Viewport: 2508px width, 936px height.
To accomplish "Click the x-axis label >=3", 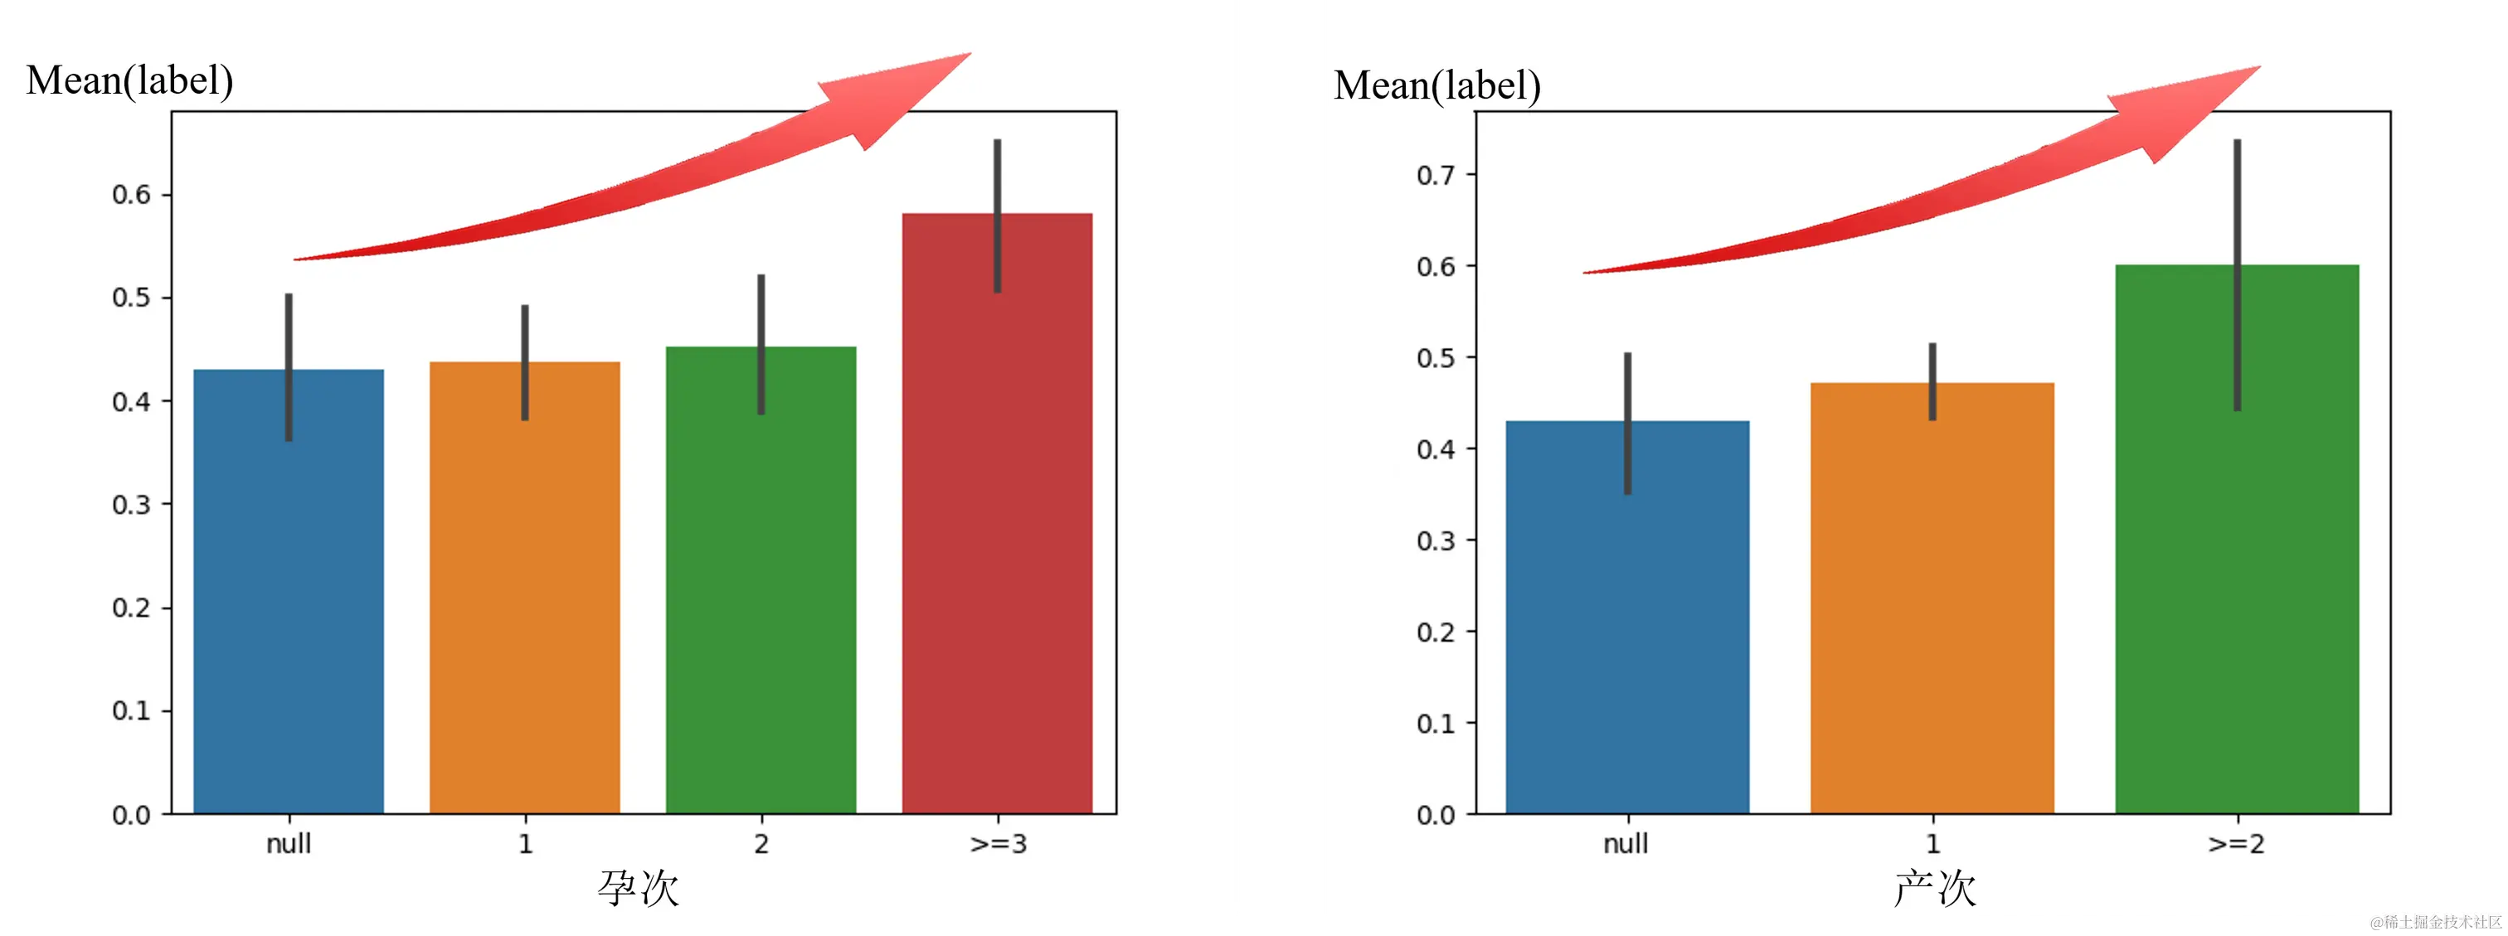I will [x=998, y=844].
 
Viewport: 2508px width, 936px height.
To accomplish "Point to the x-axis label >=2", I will [x=2236, y=844].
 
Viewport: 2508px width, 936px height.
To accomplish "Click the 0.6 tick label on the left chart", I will [x=131, y=195].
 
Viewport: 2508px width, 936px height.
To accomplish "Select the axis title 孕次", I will [x=638, y=887].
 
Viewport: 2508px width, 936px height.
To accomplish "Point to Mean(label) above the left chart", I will [x=129, y=80].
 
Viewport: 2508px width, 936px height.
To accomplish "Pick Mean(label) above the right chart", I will [x=1437, y=85].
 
